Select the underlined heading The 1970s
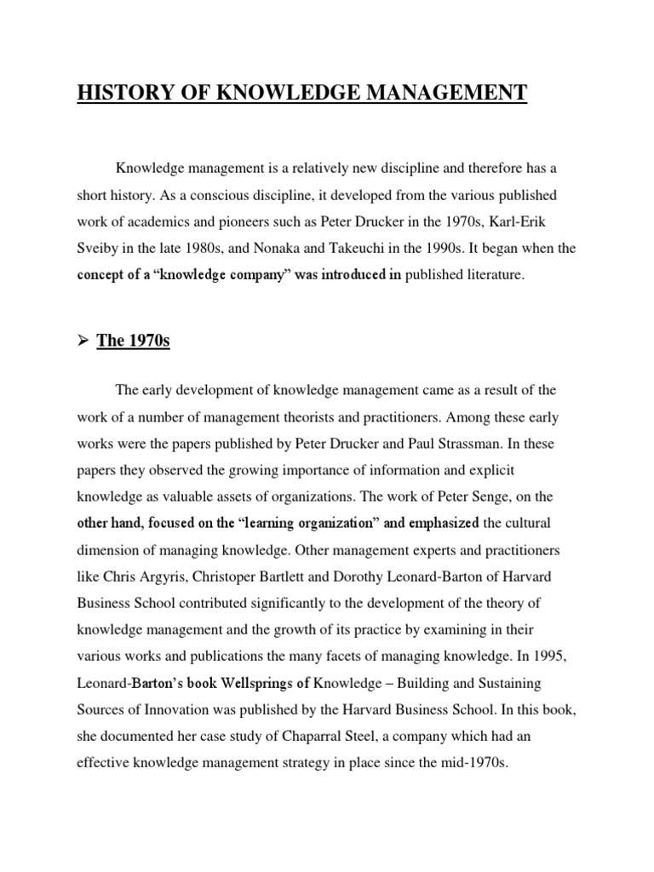(x=134, y=341)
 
